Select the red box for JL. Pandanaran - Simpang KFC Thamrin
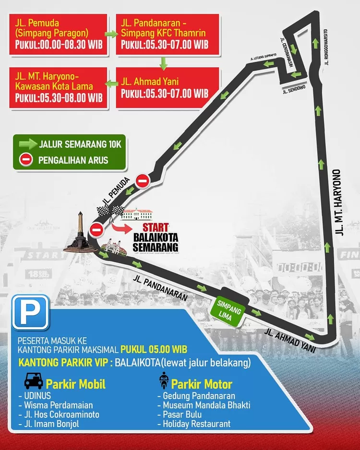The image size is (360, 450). click(167, 34)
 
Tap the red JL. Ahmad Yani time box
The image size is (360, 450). click(167, 87)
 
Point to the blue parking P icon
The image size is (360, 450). click(31, 312)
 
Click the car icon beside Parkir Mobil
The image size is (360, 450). click(33, 383)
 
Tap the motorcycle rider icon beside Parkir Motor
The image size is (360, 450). click(164, 381)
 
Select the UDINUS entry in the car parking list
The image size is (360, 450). click(34, 396)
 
